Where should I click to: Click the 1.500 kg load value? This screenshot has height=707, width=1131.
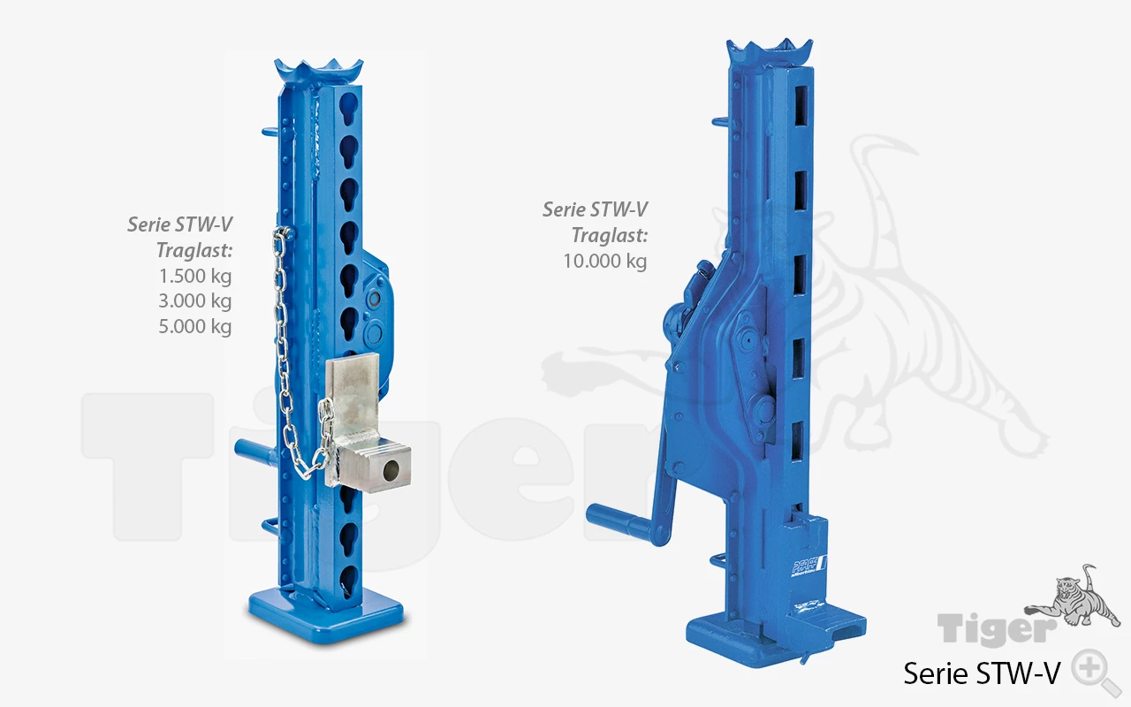(195, 277)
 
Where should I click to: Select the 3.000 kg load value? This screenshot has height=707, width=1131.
(195, 301)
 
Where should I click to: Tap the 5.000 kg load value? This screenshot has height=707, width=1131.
(195, 326)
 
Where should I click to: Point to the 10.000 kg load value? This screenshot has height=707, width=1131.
(605, 261)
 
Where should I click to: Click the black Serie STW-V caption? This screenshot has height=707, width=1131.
(982, 673)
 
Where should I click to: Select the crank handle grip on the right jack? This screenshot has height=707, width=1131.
(621, 522)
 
